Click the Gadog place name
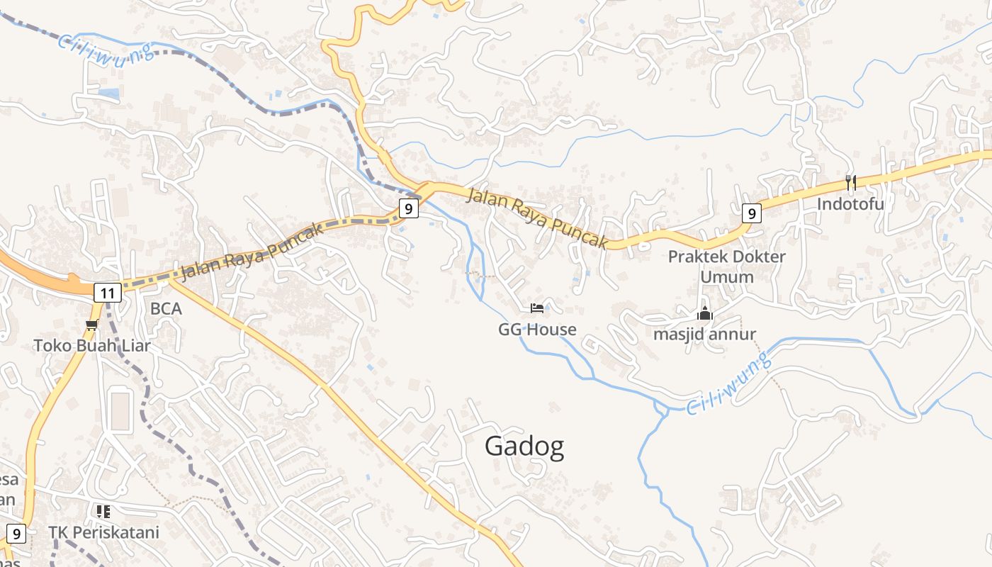point(524,447)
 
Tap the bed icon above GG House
point(538,308)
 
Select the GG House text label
point(537,330)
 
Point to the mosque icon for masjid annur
point(704,313)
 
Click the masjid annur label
point(704,334)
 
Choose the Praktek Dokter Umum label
point(726,266)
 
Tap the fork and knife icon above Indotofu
point(850,183)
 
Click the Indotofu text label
point(850,204)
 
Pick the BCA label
point(166,309)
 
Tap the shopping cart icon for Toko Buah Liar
point(91,325)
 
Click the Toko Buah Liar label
point(92,346)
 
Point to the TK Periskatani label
point(103,532)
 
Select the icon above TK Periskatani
point(103,511)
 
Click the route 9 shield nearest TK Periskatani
point(16,534)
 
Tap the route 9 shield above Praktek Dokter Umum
point(752,213)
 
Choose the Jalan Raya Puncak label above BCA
point(252,251)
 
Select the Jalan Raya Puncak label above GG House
point(537,218)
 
